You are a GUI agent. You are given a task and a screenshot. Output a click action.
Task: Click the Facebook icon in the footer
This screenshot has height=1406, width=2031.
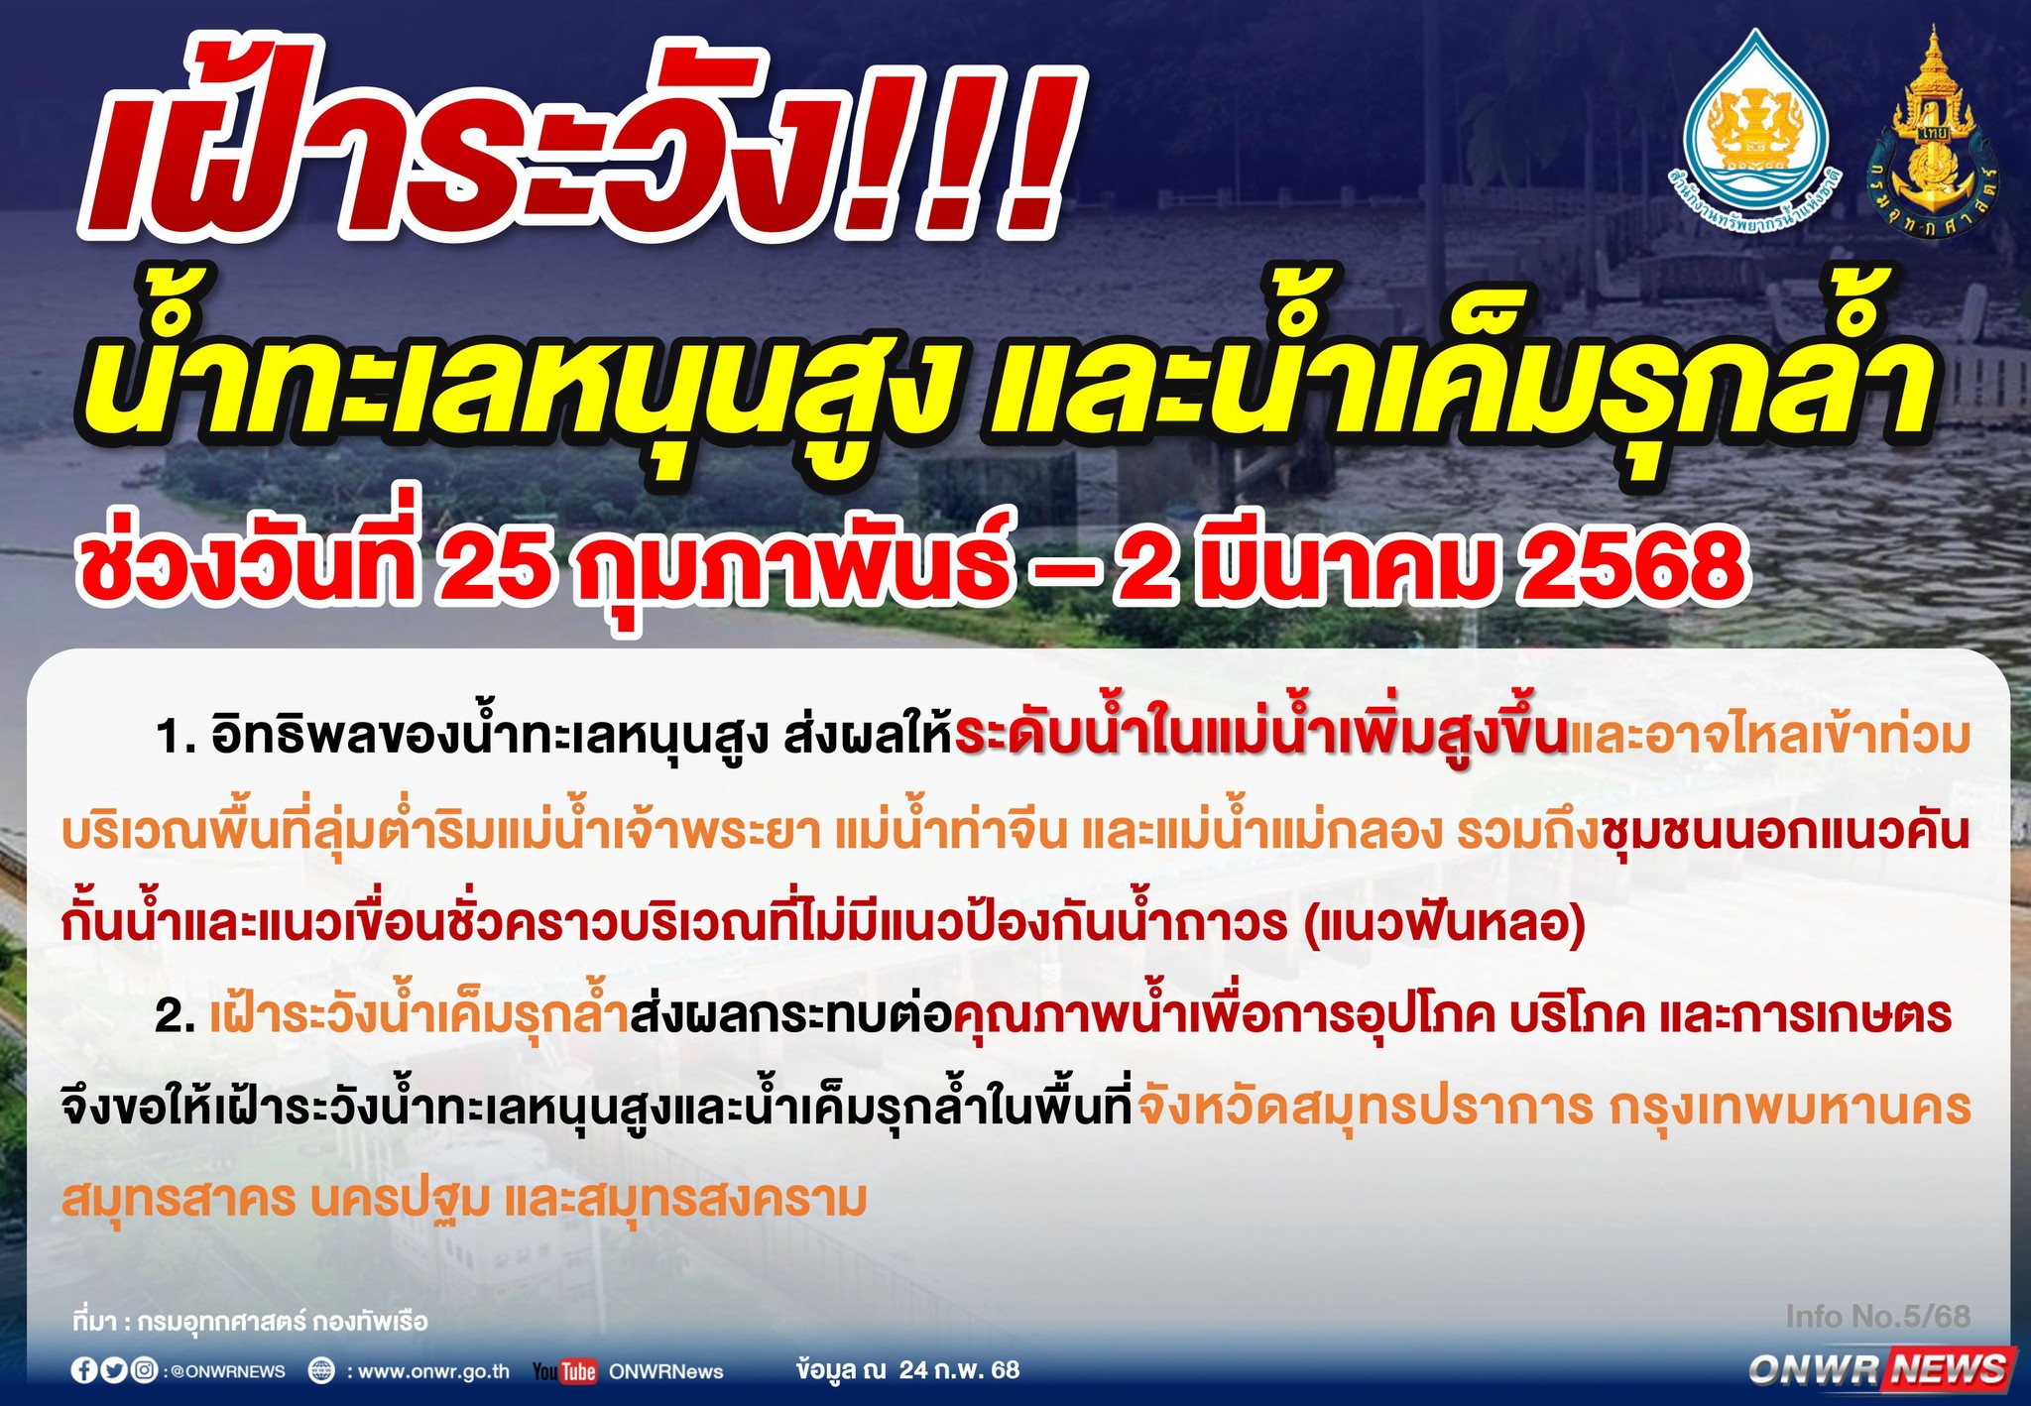coord(84,1370)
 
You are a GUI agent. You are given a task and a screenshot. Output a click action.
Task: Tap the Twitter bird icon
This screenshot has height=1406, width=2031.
coord(114,1370)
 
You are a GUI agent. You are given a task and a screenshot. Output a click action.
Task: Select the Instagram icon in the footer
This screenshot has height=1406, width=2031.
coord(144,1370)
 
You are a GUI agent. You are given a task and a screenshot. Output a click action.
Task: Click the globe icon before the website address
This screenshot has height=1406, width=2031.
coord(321,1371)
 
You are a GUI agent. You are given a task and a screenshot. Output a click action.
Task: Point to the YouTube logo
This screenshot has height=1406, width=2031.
coord(565,1371)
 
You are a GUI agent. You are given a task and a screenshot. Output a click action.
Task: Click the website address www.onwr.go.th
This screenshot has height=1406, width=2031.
coord(433,1371)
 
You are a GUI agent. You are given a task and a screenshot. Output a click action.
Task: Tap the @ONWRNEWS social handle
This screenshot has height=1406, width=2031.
coord(227,1371)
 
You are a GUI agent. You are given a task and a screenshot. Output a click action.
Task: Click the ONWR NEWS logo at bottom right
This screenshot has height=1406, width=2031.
coord(1880,1369)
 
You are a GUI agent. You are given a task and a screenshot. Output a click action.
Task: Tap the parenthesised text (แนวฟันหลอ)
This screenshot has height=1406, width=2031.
coord(1444,923)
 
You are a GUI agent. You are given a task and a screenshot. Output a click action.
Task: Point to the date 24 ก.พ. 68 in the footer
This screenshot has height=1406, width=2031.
coord(959,1370)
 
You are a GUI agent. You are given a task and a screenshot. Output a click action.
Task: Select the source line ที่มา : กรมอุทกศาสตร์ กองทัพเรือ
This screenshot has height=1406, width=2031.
coord(250,1322)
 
